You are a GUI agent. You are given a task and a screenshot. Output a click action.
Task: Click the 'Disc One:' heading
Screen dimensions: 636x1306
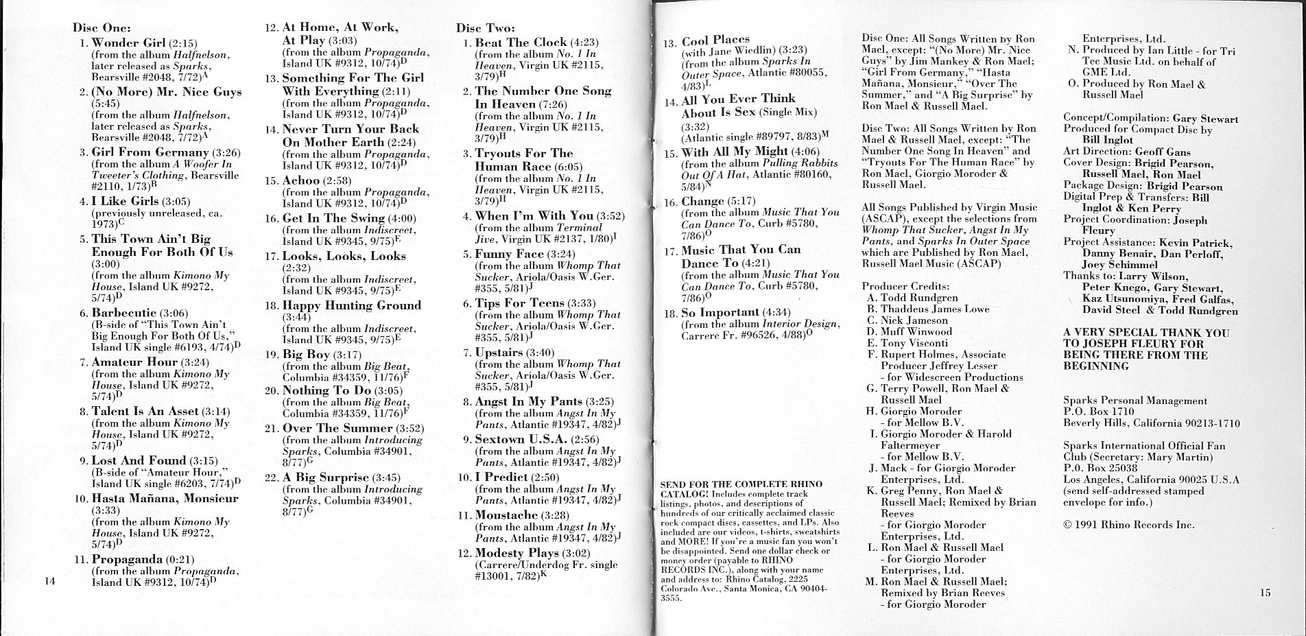[102, 29]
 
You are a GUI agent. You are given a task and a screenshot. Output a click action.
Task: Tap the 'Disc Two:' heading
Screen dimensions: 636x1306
[485, 29]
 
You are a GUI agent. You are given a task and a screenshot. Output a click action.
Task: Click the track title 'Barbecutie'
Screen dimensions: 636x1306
[124, 313]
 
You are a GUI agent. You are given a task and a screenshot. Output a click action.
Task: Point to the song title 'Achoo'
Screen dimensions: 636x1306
[301, 180]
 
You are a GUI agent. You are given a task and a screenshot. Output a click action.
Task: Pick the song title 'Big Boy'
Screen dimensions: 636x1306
[307, 355]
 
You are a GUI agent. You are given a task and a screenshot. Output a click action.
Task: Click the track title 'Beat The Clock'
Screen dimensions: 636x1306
[521, 43]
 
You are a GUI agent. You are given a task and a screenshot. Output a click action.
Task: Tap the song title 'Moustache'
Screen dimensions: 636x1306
[506, 515]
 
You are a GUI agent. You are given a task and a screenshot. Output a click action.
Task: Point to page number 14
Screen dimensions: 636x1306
[48, 582]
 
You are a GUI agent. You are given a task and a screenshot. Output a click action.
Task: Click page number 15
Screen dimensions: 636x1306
[1265, 593]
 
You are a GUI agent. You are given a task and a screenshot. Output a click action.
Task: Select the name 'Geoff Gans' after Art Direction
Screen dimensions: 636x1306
[1163, 152]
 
